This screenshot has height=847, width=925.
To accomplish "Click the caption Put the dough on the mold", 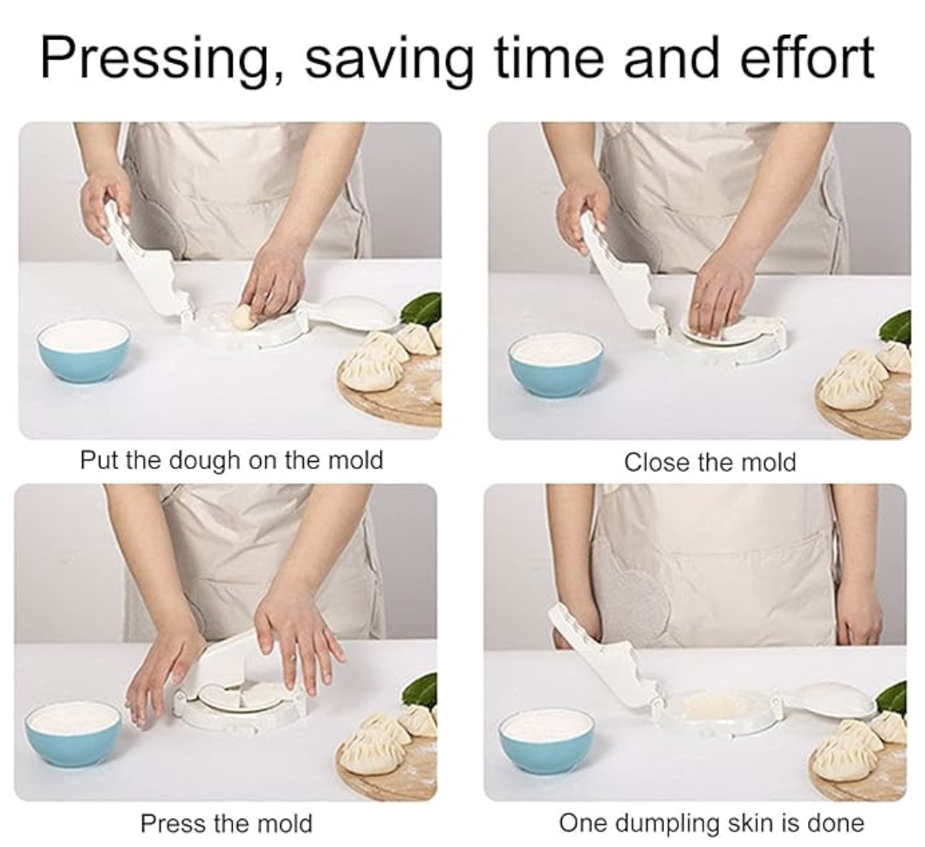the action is [231, 460].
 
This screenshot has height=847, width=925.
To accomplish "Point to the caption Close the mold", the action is [709, 462].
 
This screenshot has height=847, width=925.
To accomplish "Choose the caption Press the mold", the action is [226, 823].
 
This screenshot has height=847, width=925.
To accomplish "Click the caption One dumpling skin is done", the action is [711, 823].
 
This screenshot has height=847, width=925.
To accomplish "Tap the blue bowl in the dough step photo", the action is [83, 352].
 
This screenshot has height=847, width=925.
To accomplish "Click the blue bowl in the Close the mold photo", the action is [556, 365].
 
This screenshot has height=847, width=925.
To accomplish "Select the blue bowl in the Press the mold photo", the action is [75, 733].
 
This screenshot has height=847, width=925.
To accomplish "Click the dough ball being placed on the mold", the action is [243, 318].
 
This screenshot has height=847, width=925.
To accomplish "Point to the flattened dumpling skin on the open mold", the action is [715, 705].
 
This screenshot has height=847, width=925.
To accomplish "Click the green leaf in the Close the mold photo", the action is [897, 328].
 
